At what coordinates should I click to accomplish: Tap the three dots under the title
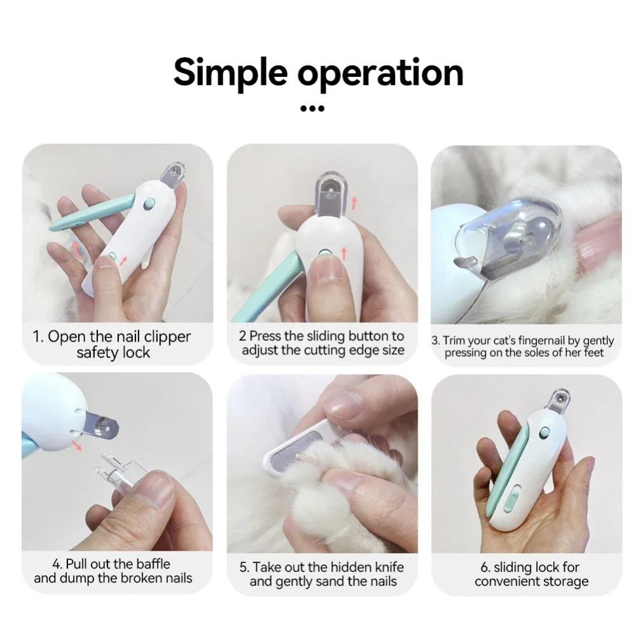pyautogui.click(x=312, y=109)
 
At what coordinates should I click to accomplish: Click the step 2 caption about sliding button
pyautogui.click(x=322, y=343)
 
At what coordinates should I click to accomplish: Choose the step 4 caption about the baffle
pyautogui.click(x=113, y=571)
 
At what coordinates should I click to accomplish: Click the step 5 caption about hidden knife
pyautogui.click(x=322, y=574)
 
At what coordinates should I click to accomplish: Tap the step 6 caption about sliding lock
pyautogui.click(x=531, y=574)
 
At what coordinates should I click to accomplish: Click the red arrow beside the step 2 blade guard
pyautogui.click(x=354, y=204)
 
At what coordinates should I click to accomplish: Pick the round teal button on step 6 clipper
pyautogui.click(x=544, y=432)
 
